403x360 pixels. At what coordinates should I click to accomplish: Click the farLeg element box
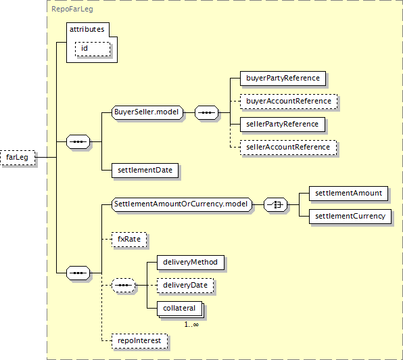point(18,158)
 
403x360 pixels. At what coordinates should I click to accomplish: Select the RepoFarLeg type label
point(72,9)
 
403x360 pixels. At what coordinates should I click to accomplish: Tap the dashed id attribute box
point(93,49)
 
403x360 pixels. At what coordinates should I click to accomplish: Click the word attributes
point(87,29)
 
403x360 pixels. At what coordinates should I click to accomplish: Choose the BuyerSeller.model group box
point(147,112)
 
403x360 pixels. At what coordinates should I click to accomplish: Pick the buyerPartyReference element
point(283,78)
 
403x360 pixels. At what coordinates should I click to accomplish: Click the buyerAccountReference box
point(289,102)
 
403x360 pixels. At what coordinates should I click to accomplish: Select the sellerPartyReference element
point(283,125)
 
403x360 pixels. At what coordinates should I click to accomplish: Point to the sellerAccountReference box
point(288,148)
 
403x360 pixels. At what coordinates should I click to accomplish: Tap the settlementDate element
point(145,171)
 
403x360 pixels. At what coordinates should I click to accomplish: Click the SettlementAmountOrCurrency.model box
point(182,204)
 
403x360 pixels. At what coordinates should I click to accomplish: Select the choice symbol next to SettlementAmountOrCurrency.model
point(275,204)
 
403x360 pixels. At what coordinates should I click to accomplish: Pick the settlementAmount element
point(348,194)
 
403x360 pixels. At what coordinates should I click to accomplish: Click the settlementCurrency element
point(350,217)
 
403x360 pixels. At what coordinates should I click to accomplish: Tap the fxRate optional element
point(129,240)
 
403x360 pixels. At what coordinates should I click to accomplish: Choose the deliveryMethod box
point(191,263)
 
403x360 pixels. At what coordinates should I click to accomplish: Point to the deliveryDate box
point(185,285)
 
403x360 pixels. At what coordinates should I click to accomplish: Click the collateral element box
point(179,309)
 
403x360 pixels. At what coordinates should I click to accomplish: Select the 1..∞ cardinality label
point(191,325)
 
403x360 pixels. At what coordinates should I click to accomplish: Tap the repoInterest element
point(139,341)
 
